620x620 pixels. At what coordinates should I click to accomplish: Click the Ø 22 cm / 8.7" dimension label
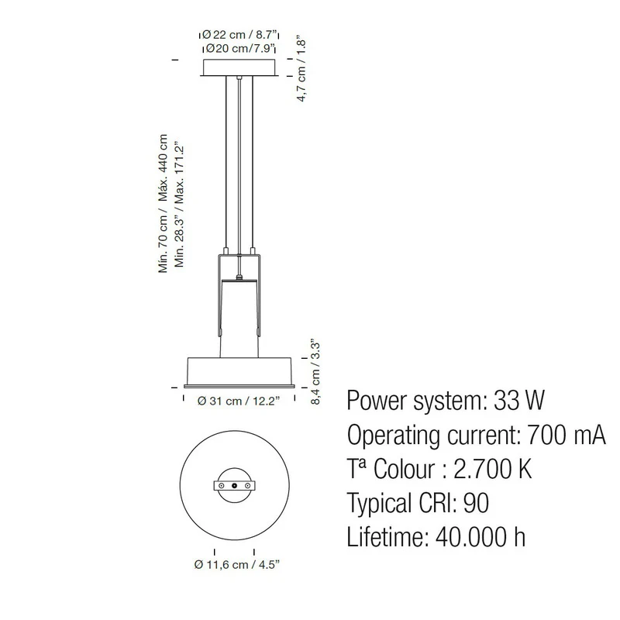[239, 34]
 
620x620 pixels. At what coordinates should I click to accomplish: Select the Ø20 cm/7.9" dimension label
[240, 49]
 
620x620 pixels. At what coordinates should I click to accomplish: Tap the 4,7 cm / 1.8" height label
[301, 71]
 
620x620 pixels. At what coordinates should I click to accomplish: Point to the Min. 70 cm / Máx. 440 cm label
[163, 203]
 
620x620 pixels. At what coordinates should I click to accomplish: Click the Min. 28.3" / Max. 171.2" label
[180, 205]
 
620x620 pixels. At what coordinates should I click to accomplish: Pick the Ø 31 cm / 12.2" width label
[239, 401]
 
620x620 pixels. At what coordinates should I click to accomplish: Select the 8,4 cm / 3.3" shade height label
[315, 371]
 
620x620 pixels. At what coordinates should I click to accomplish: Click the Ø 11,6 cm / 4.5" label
[237, 564]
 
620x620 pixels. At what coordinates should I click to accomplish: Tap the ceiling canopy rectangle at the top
[239, 67]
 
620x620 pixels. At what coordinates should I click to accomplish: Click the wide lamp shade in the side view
[239, 373]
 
